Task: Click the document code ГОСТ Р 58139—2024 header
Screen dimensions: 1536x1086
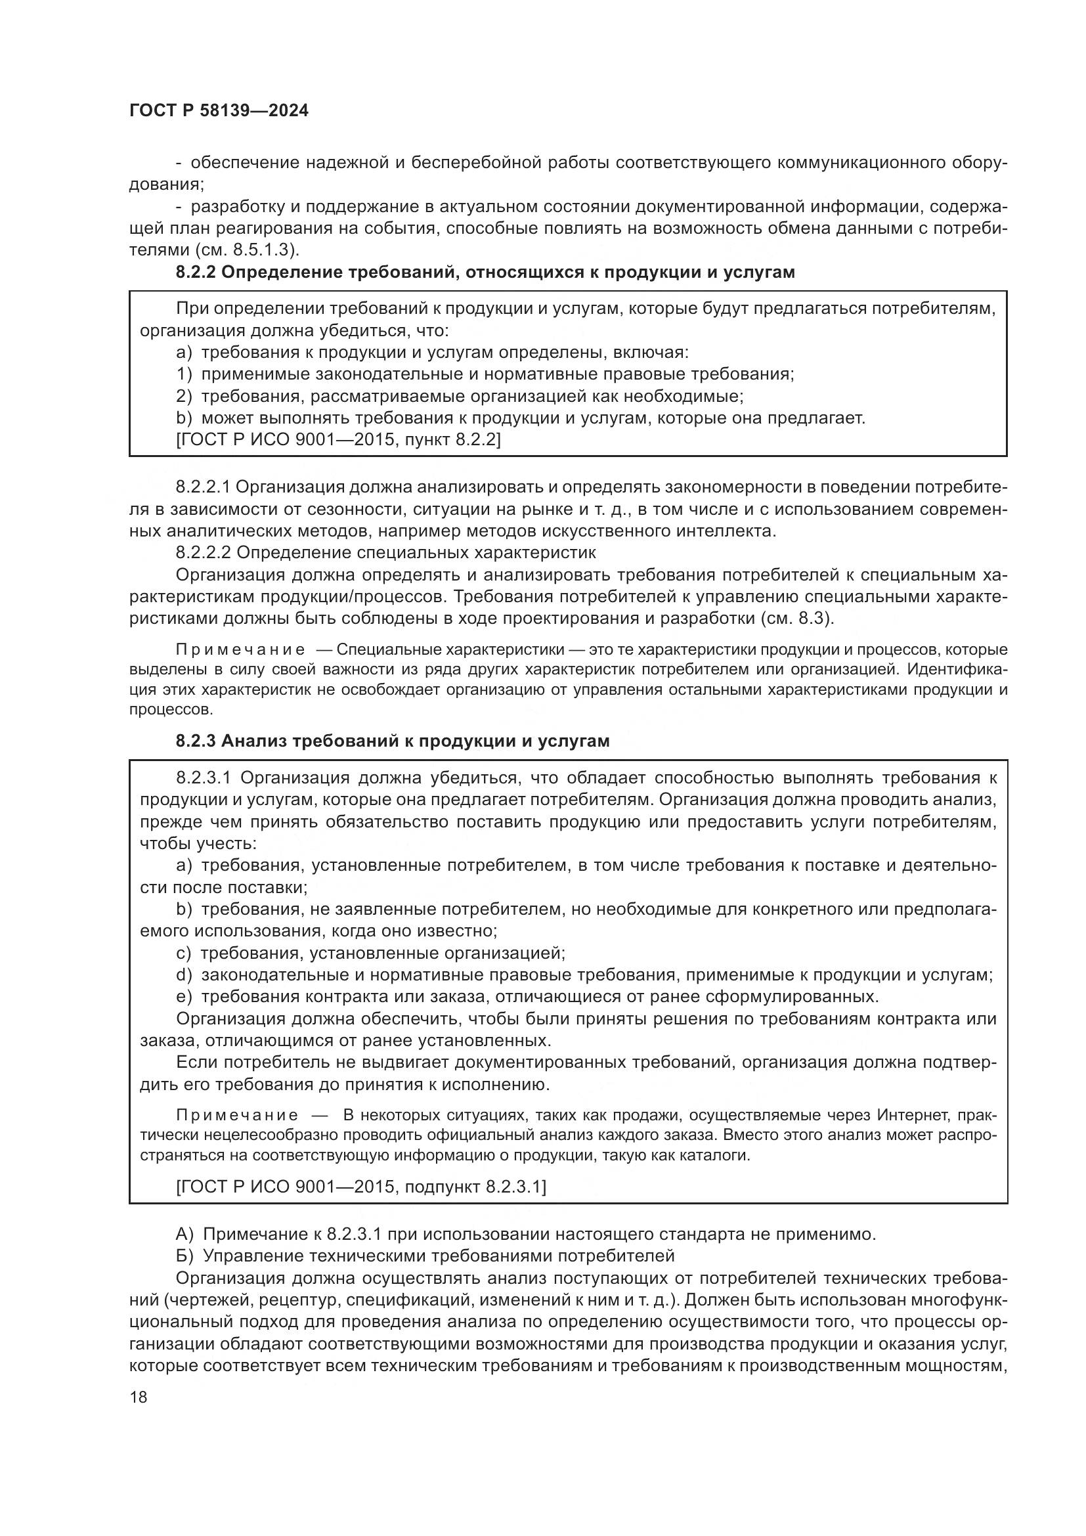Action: click(x=219, y=111)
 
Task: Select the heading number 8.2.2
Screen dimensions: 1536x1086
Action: click(x=196, y=273)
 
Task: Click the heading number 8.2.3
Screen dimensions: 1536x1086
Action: click(x=196, y=741)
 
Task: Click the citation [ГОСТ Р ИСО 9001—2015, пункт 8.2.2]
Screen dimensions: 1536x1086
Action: click(x=337, y=439)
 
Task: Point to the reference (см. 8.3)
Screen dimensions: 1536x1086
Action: click(x=797, y=617)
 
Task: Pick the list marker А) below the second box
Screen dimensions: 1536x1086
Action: click(x=185, y=1235)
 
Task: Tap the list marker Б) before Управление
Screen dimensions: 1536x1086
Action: click(x=185, y=1256)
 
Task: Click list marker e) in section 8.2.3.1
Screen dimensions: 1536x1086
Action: click(x=184, y=997)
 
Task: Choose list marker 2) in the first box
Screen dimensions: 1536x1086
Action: click(x=184, y=396)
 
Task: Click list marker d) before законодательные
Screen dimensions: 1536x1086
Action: click(x=184, y=975)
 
